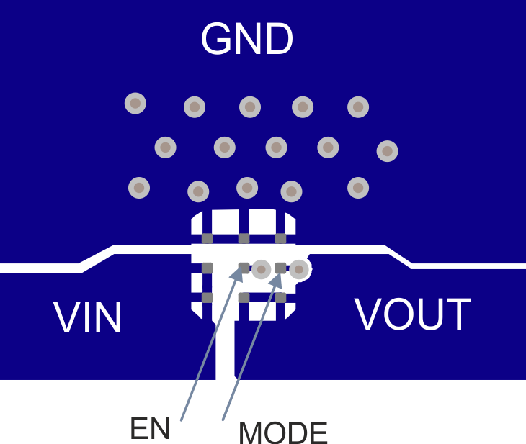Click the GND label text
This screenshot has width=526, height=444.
click(247, 40)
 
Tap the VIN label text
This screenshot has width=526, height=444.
click(88, 318)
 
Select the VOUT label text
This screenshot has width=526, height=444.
click(412, 314)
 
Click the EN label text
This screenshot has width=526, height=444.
click(150, 429)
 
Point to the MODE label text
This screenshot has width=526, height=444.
click(282, 433)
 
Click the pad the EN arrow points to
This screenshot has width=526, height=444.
click(244, 268)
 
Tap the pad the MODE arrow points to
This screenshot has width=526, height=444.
click(280, 268)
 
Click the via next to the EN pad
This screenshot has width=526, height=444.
click(261, 269)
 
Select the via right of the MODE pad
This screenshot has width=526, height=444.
click(299, 270)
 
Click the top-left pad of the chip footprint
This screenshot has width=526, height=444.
click(208, 238)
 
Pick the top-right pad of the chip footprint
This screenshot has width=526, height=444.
click(280, 238)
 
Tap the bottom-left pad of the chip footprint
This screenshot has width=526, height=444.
click(208, 297)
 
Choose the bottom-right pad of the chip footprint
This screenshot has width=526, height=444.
click(280, 297)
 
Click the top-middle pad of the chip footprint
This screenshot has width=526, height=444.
click(244, 238)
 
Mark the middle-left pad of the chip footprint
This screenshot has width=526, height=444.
click(208, 268)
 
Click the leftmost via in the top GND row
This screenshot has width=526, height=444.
click(135, 104)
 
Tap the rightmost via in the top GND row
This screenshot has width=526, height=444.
click(358, 107)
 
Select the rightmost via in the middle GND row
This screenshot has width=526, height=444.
click(387, 150)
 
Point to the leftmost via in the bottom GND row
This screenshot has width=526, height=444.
click(139, 188)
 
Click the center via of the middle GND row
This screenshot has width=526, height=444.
click(276, 148)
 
